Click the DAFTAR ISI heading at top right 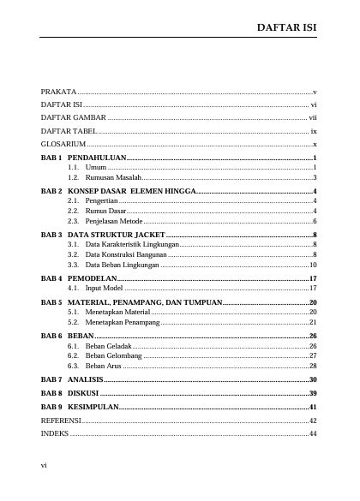[287, 27]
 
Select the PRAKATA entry [58, 91]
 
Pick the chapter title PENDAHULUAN [97, 159]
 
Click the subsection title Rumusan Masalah [113, 177]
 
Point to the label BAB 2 [51, 190]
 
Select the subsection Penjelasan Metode [114, 221]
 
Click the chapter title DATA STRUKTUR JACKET [115, 234]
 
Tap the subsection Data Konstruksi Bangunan [126, 254]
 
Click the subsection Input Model [105, 289]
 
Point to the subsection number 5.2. [74, 323]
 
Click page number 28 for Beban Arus [313, 366]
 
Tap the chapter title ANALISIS [86, 379]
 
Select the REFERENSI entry [61, 420]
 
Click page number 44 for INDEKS [313, 434]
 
